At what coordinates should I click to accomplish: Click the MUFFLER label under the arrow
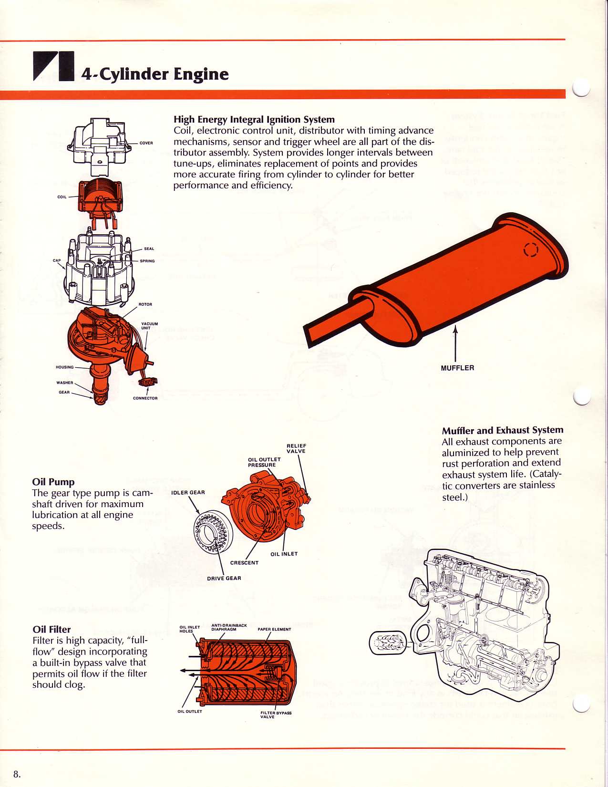click(457, 368)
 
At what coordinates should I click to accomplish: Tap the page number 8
click(17, 774)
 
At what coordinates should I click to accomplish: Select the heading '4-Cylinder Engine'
click(155, 74)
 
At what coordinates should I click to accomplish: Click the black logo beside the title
click(53, 65)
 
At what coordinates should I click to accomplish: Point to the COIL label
click(62, 197)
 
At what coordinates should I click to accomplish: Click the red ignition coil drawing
click(101, 197)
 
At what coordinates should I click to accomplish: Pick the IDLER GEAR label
click(188, 493)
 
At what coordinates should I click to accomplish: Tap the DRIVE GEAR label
click(224, 579)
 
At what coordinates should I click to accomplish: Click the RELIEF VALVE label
click(296, 448)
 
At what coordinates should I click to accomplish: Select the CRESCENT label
click(244, 563)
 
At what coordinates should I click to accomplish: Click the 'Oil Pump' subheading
click(53, 482)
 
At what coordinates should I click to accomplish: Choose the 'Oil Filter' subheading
click(52, 630)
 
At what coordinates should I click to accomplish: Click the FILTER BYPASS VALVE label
click(276, 715)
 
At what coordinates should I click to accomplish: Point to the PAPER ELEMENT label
click(274, 629)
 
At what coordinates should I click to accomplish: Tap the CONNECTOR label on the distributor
click(145, 398)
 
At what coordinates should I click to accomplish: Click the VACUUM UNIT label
click(149, 326)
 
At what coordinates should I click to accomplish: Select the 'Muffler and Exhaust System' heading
click(503, 430)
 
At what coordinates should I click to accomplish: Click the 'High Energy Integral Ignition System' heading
click(254, 119)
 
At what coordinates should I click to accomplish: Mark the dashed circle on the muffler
click(530, 250)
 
